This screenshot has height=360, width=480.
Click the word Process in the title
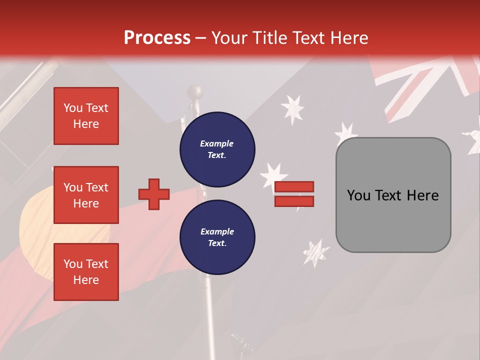157,38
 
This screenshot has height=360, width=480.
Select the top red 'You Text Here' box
86,116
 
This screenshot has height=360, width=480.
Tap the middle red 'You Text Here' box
86,195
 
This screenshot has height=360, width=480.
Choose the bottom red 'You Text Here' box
86,272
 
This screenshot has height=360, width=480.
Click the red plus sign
154,194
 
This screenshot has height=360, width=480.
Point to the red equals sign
294,194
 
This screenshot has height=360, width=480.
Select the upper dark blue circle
217,149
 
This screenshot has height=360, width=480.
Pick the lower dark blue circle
217,237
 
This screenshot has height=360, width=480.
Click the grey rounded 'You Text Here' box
393,195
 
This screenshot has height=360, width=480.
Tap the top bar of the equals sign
294,187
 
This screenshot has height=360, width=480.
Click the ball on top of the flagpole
195,92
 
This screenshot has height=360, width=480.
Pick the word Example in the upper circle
217,144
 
